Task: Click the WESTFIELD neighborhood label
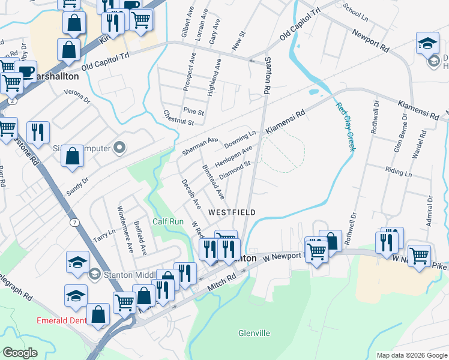coord(232,212)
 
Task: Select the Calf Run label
coord(167,221)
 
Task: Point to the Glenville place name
coord(254,333)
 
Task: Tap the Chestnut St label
coord(178,118)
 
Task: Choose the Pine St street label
coord(194,112)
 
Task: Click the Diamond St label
coord(234,170)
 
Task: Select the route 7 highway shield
coord(74,223)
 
